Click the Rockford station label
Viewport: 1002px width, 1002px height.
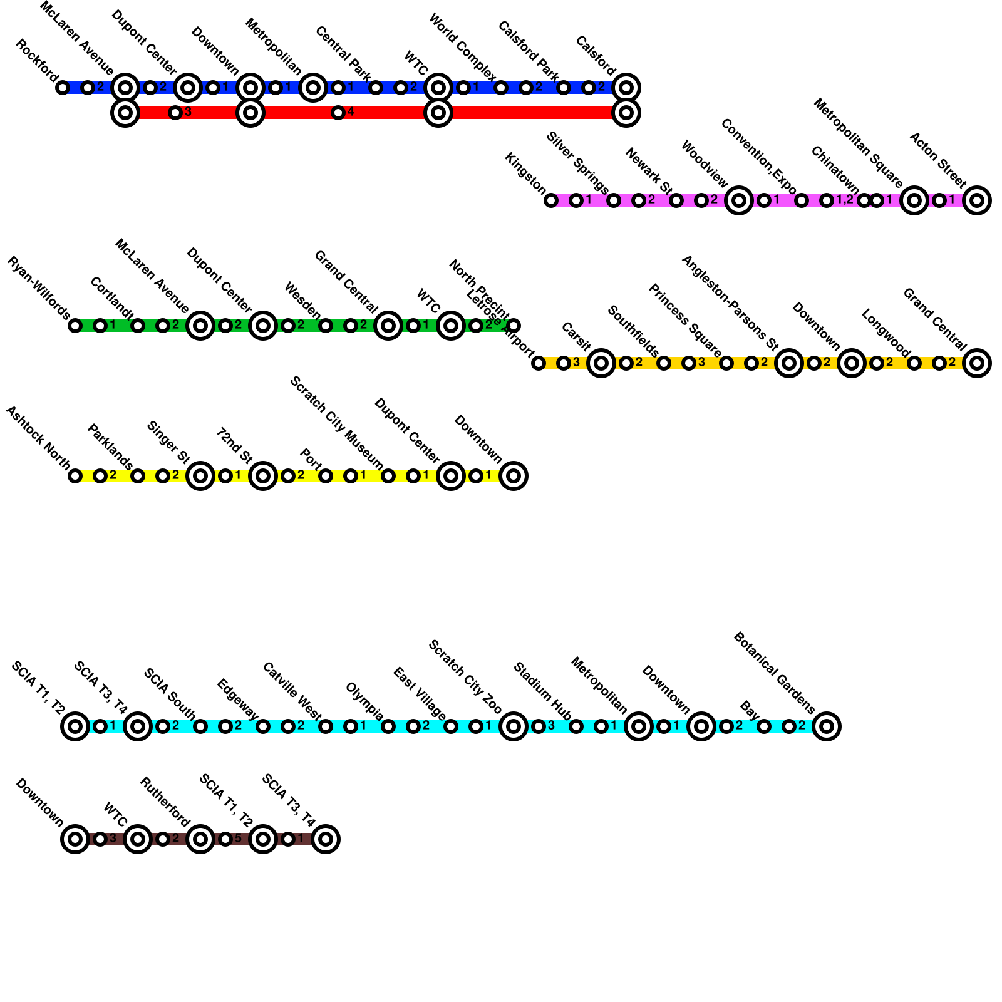coord(35,60)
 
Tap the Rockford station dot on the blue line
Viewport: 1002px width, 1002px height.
coord(62,88)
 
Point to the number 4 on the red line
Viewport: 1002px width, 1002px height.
coord(351,113)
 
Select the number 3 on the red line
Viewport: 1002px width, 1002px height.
coord(188,113)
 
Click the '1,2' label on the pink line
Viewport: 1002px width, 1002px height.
coord(845,200)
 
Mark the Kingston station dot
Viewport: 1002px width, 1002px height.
coord(550,200)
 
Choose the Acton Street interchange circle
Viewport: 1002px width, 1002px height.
coord(976,200)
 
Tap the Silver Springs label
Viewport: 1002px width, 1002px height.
coord(577,163)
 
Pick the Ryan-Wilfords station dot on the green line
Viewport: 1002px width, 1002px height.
coord(75,326)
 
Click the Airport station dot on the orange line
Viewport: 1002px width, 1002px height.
coord(538,363)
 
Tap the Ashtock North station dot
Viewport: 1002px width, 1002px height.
coord(75,476)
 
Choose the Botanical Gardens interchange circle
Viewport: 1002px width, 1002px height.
coord(826,726)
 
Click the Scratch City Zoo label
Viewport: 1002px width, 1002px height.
coord(465,677)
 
